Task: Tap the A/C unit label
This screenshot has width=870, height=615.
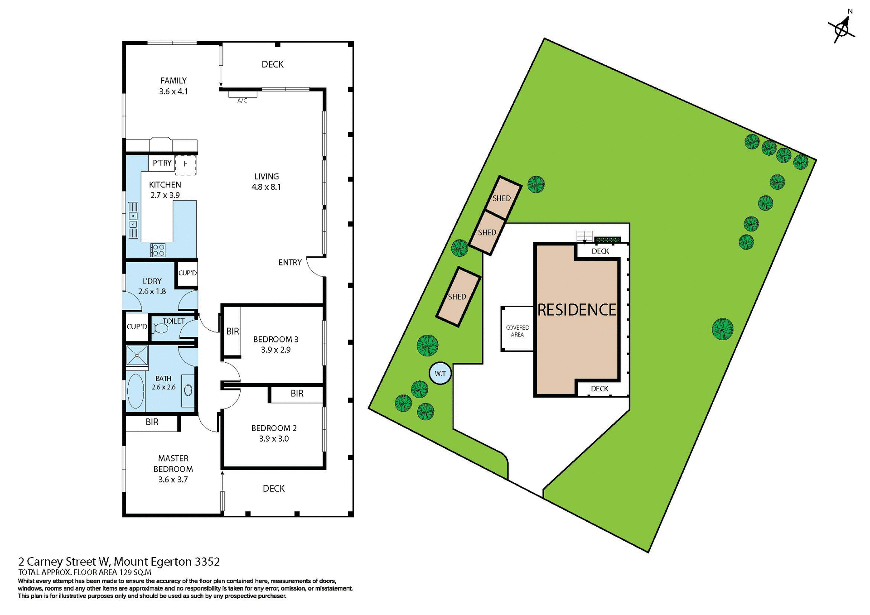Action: click(x=242, y=101)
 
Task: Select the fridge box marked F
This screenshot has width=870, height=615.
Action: click(x=185, y=164)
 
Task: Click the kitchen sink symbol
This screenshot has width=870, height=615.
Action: click(x=133, y=220)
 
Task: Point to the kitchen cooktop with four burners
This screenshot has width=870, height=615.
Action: click(x=158, y=250)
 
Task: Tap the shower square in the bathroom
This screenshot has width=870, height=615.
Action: click(x=137, y=356)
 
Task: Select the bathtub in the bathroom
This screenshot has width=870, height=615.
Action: click(x=136, y=391)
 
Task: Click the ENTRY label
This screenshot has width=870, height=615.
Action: click(x=290, y=263)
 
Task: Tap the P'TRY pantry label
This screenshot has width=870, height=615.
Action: click(x=162, y=163)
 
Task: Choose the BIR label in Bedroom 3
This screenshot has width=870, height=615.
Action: click(x=232, y=332)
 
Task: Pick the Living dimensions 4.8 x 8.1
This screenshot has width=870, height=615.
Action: click(x=266, y=187)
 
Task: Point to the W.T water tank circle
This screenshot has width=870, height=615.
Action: click(x=440, y=374)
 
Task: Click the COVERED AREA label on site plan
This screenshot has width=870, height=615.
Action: click(x=517, y=331)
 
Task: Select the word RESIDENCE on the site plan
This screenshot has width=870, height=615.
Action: click(x=576, y=310)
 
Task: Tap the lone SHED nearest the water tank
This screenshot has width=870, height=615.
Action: click(x=458, y=297)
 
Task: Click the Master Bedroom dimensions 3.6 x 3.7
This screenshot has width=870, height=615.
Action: click(x=173, y=480)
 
